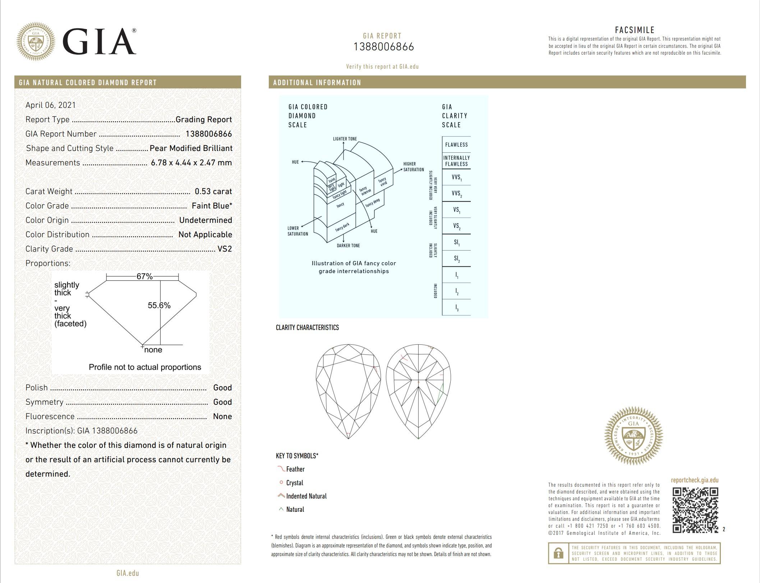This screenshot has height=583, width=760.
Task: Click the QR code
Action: tap(695, 510)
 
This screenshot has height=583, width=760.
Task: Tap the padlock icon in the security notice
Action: tap(558, 553)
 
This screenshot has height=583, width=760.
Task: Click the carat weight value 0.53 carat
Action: tap(213, 192)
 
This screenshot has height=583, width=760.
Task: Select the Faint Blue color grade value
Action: tap(212, 206)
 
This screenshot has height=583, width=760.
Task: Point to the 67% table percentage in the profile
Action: tap(144, 276)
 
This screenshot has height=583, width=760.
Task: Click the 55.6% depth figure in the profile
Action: tap(159, 306)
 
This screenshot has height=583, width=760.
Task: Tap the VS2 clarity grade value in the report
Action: tap(225, 249)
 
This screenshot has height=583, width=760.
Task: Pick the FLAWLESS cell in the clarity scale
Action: tap(456, 145)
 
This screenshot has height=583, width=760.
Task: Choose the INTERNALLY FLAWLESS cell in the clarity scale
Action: tap(456, 161)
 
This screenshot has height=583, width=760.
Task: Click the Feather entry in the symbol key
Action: tap(295, 469)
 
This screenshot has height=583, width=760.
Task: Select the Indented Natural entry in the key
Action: tap(306, 496)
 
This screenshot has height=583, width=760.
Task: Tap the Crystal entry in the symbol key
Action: tap(294, 483)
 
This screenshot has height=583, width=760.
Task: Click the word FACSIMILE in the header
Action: tap(635, 30)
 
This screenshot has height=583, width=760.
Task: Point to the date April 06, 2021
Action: tap(51, 105)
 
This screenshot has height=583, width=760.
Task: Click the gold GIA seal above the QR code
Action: tap(634, 436)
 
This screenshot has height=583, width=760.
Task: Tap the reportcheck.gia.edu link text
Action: tap(695, 480)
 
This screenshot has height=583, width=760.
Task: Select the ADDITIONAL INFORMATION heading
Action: tap(317, 83)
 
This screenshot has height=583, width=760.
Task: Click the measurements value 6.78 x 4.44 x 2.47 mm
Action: tap(191, 163)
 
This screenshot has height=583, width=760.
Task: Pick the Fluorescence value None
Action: tap(222, 417)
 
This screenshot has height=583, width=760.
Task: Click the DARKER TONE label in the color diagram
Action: tap(348, 245)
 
